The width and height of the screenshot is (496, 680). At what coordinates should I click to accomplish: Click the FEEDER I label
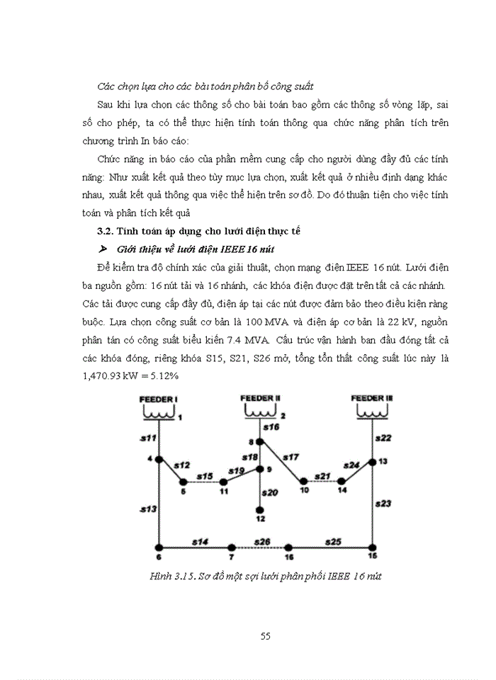(x=157, y=400)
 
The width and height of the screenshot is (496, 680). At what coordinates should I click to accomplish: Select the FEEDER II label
(x=261, y=398)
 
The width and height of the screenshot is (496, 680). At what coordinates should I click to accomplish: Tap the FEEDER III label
(x=372, y=399)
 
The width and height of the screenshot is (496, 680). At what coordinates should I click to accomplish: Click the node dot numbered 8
(x=260, y=441)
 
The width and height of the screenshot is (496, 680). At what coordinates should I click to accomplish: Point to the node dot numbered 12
(x=260, y=509)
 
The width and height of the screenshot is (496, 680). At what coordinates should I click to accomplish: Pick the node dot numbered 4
(x=159, y=459)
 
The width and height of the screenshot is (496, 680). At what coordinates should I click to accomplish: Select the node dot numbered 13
(x=373, y=461)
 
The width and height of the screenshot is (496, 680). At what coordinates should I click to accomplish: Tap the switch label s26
(x=262, y=541)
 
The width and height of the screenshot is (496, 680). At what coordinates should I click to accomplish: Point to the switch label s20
(x=269, y=492)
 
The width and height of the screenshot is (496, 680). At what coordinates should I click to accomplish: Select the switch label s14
(x=198, y=541)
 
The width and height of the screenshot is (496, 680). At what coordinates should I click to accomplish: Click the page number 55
(x=266, y=635)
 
